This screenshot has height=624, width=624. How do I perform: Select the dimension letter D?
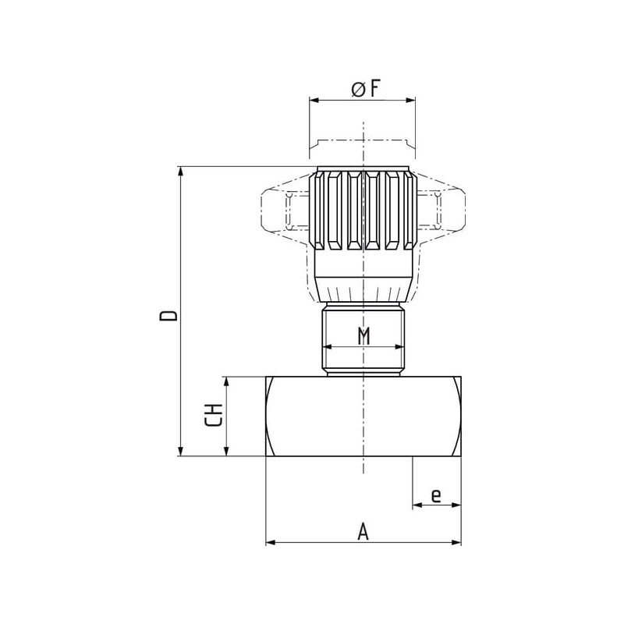(168, 316)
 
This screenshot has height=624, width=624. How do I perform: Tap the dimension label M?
(363, 336)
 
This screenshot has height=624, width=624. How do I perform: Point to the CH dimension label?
(213, 415)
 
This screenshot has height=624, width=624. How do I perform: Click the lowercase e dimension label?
(436, 496)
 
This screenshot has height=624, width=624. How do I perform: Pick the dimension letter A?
(363, 532)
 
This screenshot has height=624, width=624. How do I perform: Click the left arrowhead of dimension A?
(271, 542)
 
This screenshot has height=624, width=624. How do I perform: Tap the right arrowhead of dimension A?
(456, 542)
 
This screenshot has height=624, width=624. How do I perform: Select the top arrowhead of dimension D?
(181, 172)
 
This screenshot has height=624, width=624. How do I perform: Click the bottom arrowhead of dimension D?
(181, 451)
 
